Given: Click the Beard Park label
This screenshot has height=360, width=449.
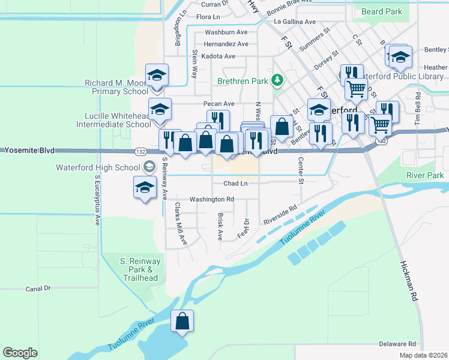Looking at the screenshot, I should pos(381,11).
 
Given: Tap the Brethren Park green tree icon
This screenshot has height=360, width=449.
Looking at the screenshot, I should pos(277,79).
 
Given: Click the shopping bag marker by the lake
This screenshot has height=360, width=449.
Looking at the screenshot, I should pos(182,321).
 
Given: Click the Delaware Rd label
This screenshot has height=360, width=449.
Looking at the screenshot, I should pos(397,344).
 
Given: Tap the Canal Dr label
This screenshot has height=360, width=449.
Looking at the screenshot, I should pos(38,289).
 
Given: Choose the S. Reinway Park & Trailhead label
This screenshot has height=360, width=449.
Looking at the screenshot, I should pos(140,269).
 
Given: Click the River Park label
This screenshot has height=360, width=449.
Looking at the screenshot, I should pos(425,175).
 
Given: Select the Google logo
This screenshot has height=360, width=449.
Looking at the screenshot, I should pos(20,353).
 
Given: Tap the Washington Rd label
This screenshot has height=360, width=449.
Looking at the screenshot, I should pos(211,199).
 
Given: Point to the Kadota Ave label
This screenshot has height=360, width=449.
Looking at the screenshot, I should pos(218,56).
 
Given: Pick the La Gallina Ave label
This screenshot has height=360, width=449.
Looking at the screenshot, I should pos(294,22).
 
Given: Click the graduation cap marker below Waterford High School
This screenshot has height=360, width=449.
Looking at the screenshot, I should pos(145,188).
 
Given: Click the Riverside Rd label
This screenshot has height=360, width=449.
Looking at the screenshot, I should pos(280,216).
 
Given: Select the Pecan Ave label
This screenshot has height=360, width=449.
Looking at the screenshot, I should pos(217,104).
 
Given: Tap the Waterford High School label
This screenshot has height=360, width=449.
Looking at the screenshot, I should pos(94,167).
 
